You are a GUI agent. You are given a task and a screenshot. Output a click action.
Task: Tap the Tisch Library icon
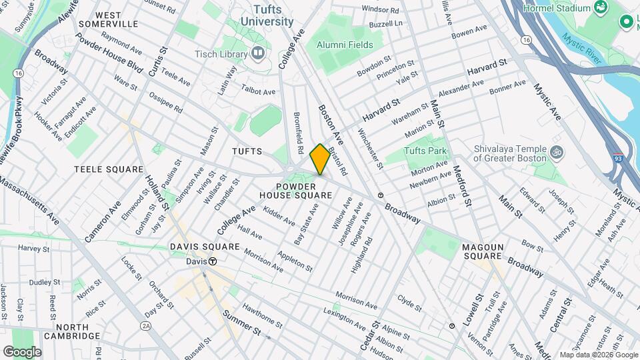tap(259, 53)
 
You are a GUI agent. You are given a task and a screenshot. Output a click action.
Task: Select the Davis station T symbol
tap(213, 261)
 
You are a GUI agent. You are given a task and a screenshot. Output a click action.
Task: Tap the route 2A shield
tap(146, 325)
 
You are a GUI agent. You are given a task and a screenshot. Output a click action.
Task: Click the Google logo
tap(22, 351)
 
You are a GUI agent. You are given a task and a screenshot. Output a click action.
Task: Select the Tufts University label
tap(273, 15)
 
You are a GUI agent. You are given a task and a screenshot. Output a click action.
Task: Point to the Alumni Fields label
tap(345, 45)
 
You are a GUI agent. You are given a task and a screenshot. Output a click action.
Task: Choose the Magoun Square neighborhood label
tap(482, 251)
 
